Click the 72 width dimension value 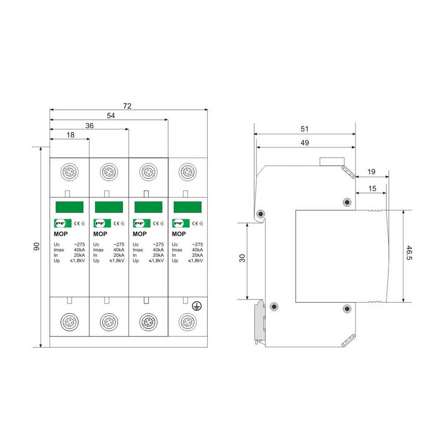[x=127, y=106]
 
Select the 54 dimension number [x=111, y=115]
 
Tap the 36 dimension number [x=89, y=126]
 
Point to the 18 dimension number [x=70, y=135]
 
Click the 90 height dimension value [x=36, y=246]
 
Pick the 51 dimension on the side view [x=304, y=129]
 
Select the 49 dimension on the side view [x=305, y=143]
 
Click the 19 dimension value [x=371, y=172]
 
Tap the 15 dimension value [x=372, y=188]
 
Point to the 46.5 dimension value [x=409, y=253]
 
